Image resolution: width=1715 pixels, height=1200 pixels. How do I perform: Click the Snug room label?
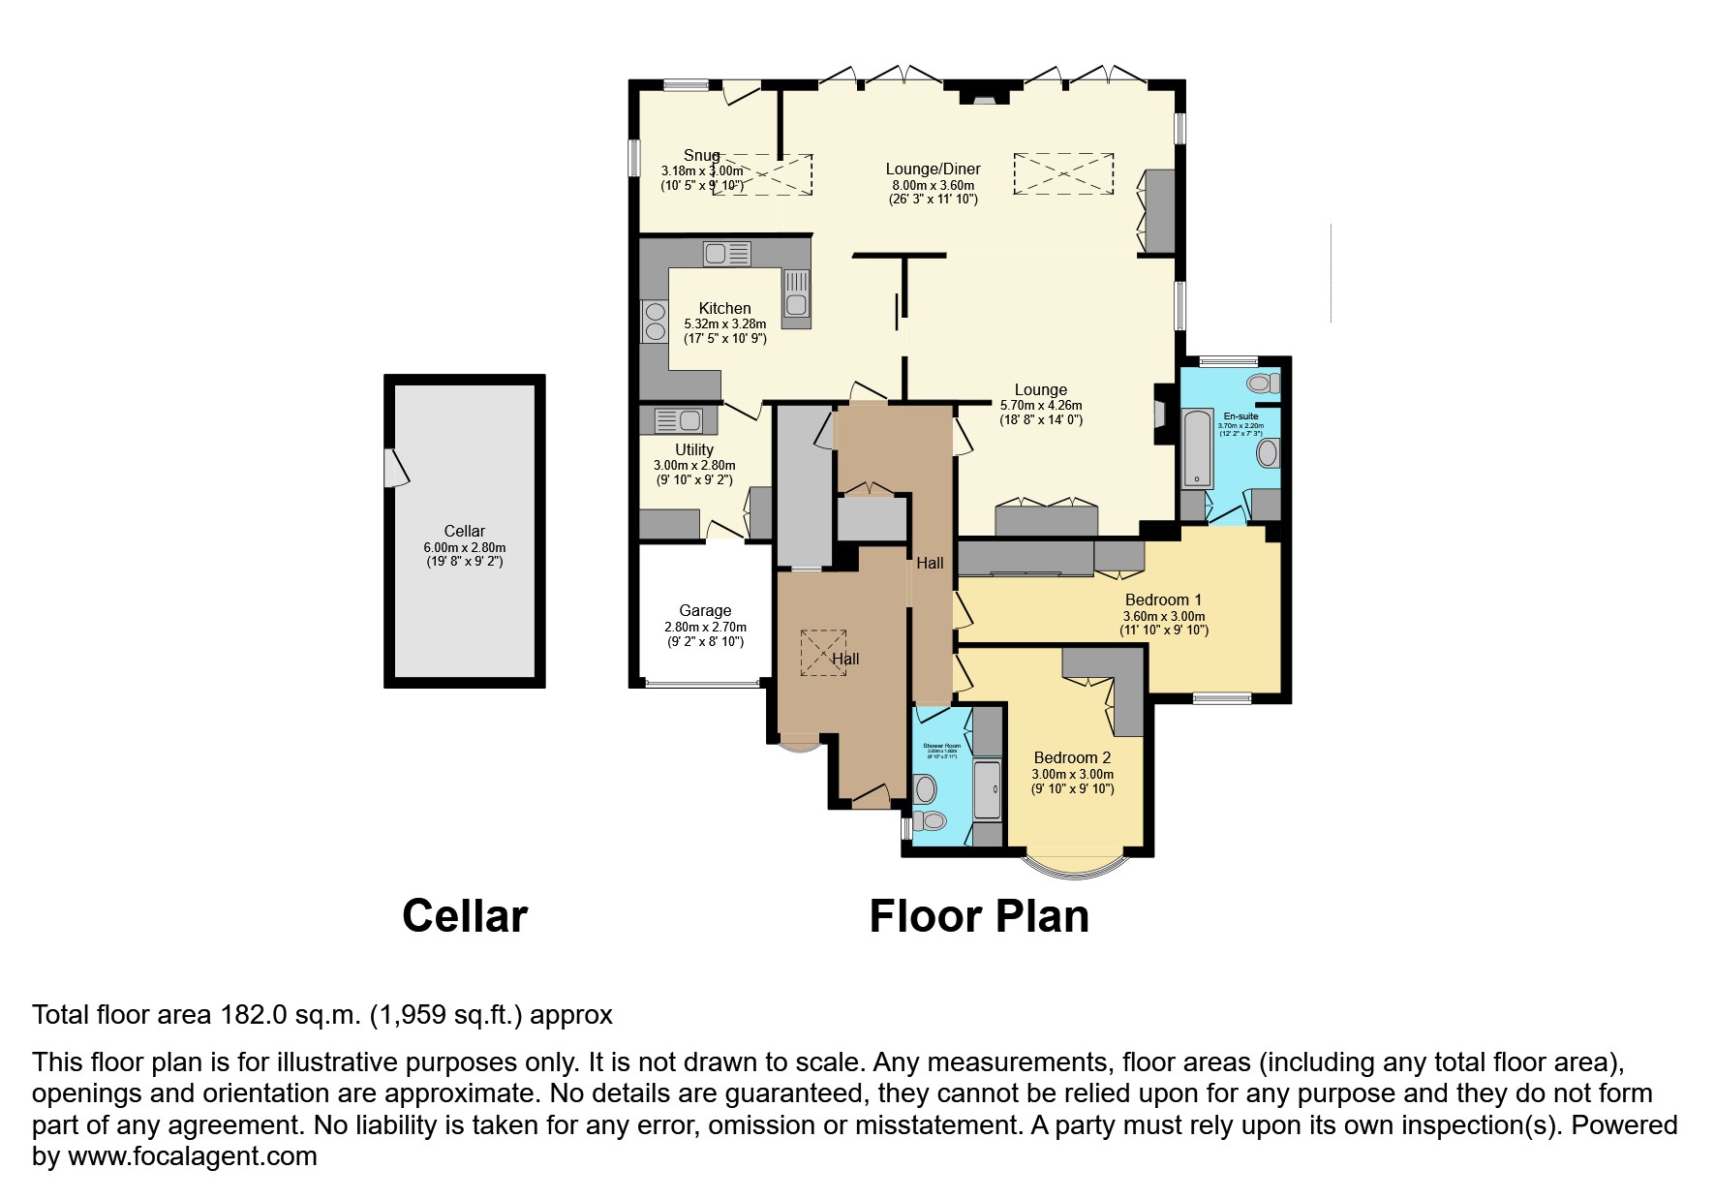701,155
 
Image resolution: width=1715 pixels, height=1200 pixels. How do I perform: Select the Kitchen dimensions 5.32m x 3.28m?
724,323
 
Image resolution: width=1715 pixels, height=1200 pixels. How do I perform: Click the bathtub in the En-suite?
1198,447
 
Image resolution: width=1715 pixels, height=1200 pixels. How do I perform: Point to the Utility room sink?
678,420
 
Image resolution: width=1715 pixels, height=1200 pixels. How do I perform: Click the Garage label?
705,610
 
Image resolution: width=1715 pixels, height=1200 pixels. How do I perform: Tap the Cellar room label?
465,531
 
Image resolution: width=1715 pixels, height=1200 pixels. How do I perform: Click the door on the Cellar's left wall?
395,469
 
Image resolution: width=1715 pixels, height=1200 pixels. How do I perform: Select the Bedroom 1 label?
1163,600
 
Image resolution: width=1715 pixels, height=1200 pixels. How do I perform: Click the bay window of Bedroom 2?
1076,865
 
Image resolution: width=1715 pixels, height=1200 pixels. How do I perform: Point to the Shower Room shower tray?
987,790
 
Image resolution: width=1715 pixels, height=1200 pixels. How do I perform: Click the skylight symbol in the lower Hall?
823,653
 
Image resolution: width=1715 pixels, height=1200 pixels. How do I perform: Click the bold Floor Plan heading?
979,916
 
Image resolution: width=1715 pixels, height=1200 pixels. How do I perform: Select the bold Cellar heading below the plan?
465,916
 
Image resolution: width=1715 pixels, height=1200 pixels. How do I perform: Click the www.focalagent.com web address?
192,1156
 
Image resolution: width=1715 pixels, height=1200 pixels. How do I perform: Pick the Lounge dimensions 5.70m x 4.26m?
1041,406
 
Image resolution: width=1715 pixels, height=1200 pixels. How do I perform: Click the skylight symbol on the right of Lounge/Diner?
1063,175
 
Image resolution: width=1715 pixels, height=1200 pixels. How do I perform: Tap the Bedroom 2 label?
1072,757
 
